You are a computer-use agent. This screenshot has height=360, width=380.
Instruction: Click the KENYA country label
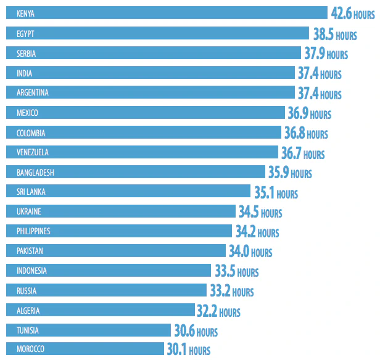(26, 14)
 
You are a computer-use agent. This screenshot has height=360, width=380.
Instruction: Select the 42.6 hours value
(352, 14)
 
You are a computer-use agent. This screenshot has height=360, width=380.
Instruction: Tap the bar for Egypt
(157, 33)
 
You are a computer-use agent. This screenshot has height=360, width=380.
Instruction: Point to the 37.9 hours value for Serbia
(326, 54)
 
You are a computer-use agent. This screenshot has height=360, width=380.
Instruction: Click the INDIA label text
(25, 73)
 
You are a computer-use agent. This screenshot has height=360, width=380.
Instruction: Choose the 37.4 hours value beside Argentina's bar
(319, 93)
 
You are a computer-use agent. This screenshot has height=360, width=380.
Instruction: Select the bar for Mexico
(145, 113)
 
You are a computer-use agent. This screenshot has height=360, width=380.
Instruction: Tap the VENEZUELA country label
(33, 152)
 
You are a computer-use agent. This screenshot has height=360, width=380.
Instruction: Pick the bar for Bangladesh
(136, 172)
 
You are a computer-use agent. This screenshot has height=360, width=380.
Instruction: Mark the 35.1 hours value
(276, 192)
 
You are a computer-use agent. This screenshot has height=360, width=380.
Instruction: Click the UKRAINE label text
(29, 211)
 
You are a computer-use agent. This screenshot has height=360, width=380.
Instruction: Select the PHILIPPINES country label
(34, 231)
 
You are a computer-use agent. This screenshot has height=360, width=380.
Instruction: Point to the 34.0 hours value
(250, 252)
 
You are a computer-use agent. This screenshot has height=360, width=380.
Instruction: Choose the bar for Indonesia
(111, 271)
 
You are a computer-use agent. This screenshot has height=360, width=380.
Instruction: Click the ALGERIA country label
(28, 311)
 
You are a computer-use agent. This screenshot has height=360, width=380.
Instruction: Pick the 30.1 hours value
(188, 350)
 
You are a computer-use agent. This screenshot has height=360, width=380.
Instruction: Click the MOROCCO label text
(31, 350)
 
